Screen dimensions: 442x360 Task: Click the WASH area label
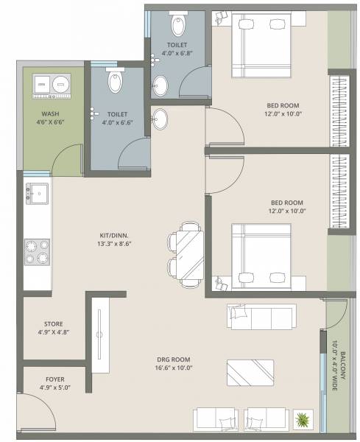(50, 114)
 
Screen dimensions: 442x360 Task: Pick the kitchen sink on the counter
(37, 195)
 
